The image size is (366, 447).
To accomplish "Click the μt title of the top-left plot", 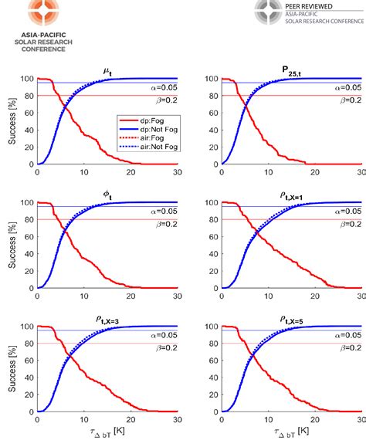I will (107, 70).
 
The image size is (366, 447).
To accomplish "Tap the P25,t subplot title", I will (292, 69).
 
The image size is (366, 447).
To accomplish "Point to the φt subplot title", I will (107, 194).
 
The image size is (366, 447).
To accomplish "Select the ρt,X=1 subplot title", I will (292, 194).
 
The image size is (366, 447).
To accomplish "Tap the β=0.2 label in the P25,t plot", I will (347, 100).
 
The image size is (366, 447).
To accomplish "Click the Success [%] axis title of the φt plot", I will (8, 245).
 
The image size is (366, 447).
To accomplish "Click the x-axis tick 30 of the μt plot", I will (178, 174).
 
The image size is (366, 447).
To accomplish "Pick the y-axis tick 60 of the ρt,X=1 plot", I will (212, 237).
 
